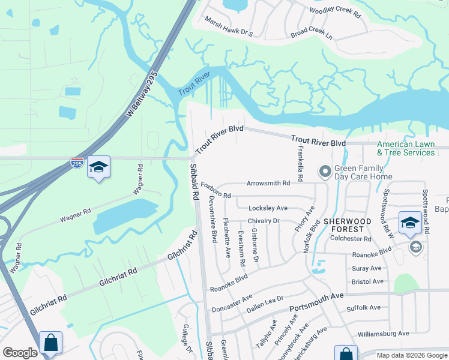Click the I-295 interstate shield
coord(77,163)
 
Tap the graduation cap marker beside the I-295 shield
coord(98,167)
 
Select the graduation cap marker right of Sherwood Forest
coord(410,223)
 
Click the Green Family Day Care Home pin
coord(325,172)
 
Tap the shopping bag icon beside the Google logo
coord(51,343)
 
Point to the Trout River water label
coord(193,85)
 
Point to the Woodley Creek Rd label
coord(334,11)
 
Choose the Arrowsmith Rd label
coord(268,183)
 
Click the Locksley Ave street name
coord(268,208)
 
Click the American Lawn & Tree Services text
coord(406,148)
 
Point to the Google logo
coord(20,353)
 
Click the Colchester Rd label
coord(351,239)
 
